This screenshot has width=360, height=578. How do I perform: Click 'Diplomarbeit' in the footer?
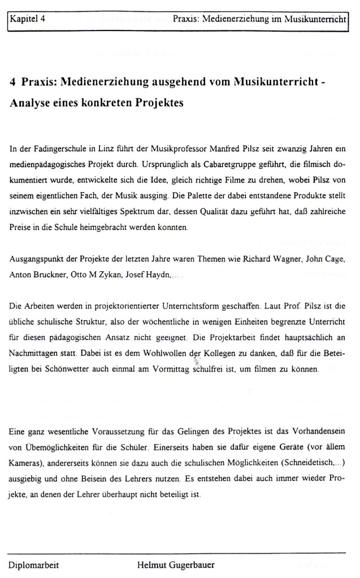tap(33, 564)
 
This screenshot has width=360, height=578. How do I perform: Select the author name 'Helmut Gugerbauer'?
tap(175, 564)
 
